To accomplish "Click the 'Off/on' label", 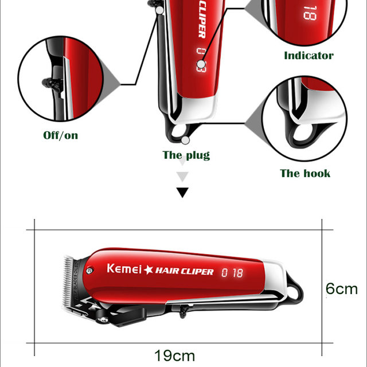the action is pos(61,135).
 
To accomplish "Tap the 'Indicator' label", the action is pos(309,56).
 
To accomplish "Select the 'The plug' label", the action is pos(186,155).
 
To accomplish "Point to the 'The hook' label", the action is pos(305,173).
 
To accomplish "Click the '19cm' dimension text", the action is pos(174,356).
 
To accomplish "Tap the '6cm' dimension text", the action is pos(342,288).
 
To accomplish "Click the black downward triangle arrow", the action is pos(182,192).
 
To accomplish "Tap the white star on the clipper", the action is pos(149,270).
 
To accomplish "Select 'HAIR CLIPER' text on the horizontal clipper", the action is pos(185,271).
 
